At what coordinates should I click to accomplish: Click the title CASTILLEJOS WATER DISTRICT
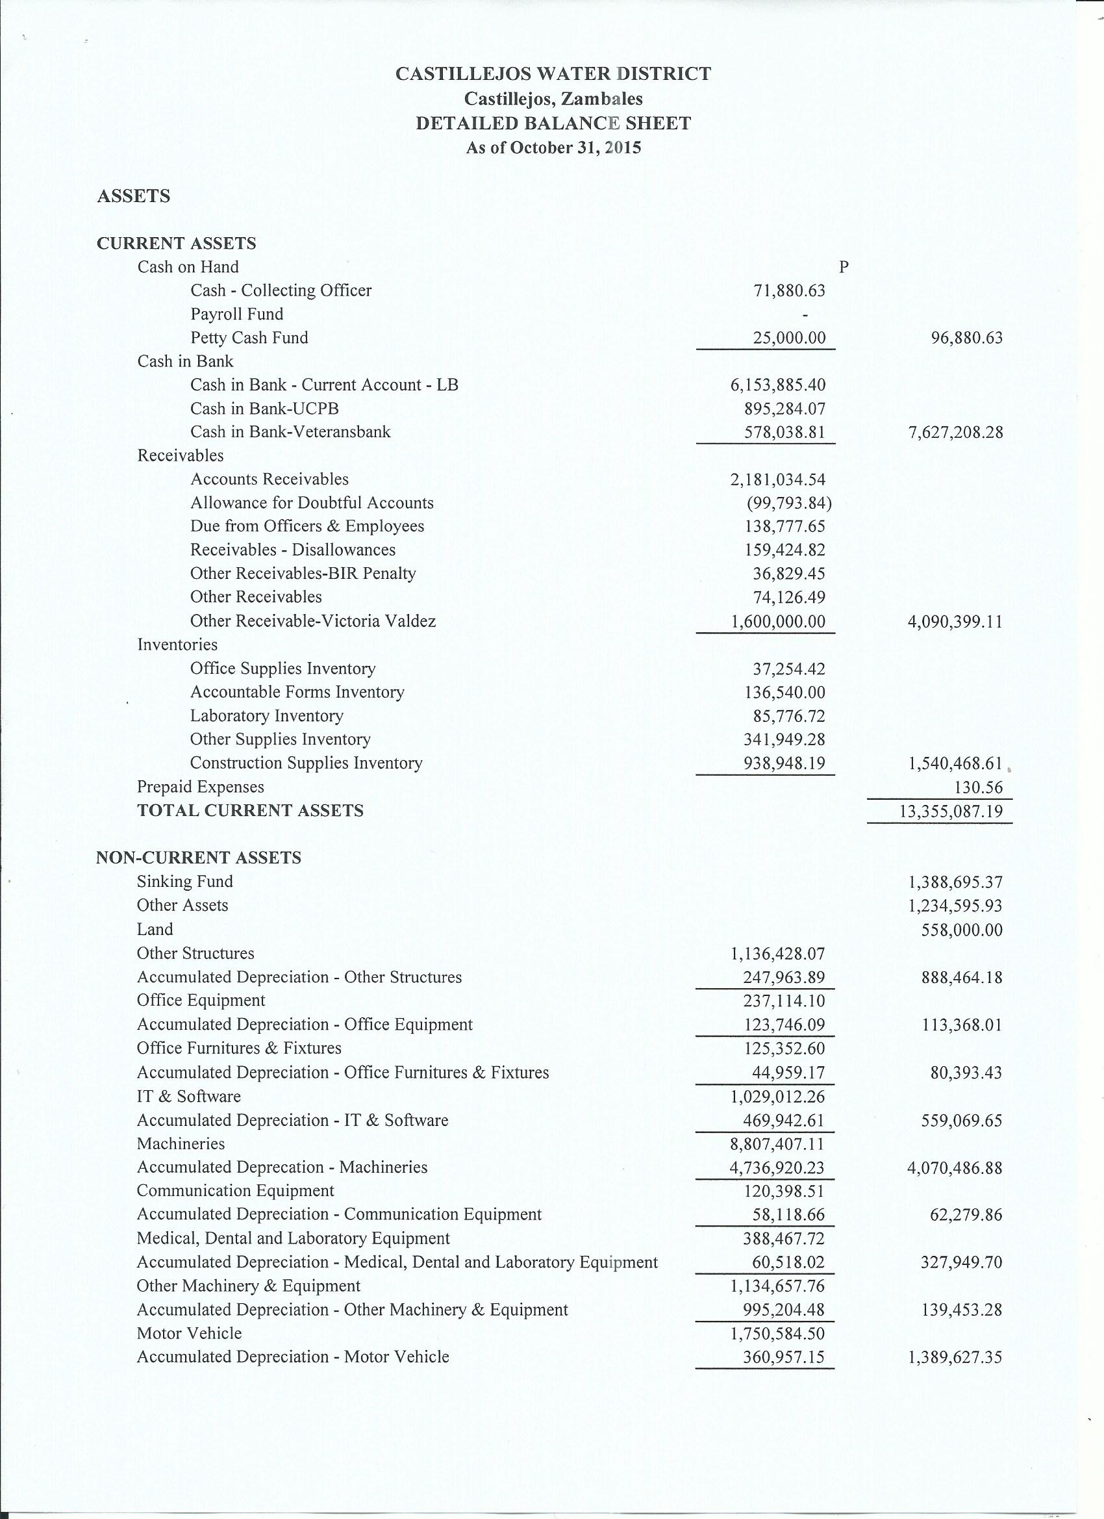pos(553,73)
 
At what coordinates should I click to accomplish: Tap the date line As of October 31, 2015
pos(553,147)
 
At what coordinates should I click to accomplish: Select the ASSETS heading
pos(134,196)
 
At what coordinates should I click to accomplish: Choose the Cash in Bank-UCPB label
pos(264,409)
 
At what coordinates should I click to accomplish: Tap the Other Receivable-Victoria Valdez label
pos(312,621)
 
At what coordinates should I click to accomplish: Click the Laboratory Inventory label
pos(266,715)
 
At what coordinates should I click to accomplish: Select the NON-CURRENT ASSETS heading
pos(199,858)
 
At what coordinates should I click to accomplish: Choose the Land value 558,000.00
pos(962,930)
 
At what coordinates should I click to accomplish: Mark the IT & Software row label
pos(189,1097)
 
